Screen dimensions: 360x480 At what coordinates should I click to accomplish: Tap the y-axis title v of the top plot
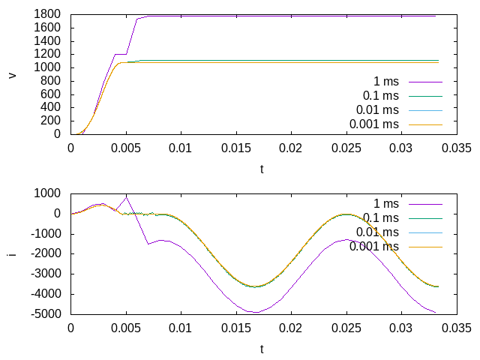11,74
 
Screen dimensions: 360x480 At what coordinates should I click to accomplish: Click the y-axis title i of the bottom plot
11,253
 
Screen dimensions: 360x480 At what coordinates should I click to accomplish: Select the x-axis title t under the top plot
262,169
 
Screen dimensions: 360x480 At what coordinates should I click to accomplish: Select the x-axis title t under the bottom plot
262,349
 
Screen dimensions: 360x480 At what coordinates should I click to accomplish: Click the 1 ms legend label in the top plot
386,81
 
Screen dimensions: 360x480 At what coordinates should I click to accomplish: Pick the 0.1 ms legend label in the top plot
381,95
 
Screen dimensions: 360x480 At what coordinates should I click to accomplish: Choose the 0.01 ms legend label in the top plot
377,109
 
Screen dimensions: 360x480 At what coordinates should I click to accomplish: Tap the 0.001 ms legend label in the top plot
374,124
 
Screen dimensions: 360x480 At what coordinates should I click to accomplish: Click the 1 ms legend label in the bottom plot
386,203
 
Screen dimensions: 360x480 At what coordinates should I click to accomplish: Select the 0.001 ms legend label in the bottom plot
374,246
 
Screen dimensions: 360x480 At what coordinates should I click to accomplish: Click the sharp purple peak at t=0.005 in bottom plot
126,196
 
